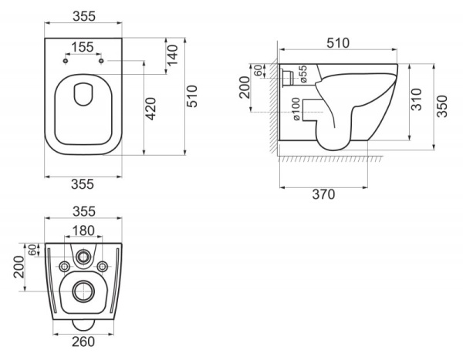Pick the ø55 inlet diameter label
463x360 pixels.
(304, 75)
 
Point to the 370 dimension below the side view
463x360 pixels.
(324, 194)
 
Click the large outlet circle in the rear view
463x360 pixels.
(82, 291)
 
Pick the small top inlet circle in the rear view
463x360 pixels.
(82, 254)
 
